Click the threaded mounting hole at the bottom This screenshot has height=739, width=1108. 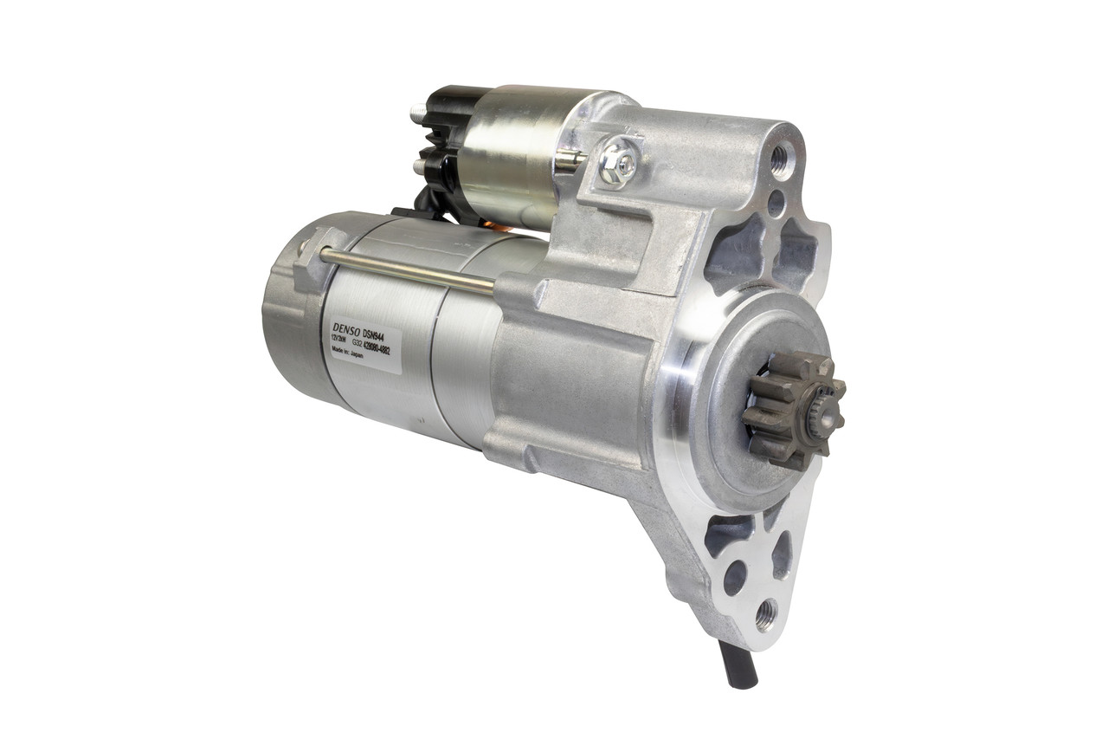point(765,615)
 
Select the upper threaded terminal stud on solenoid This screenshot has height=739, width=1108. point(417,112)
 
